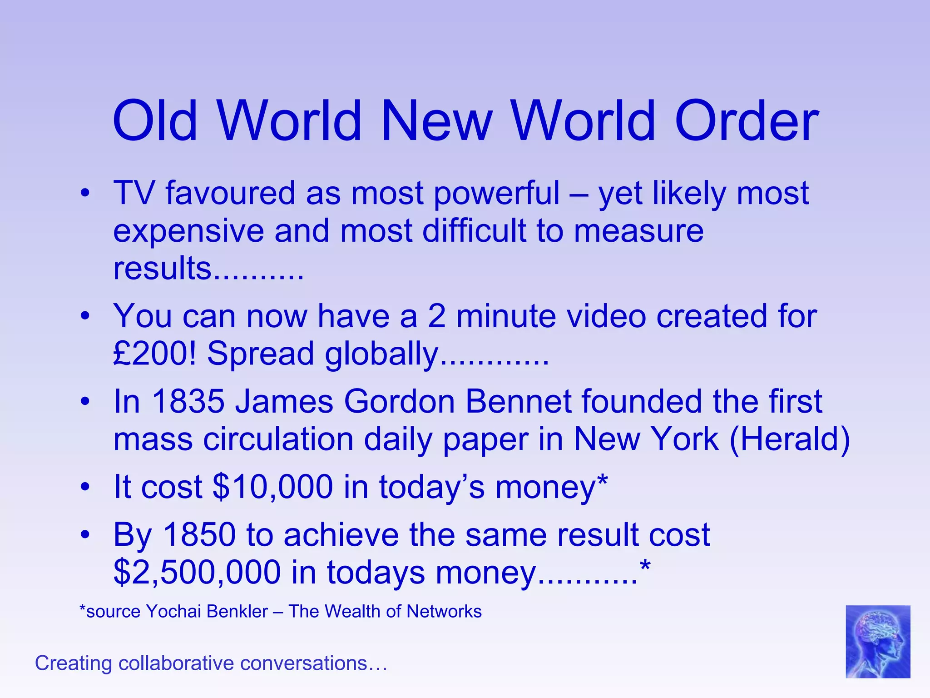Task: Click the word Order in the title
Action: coord(747,121)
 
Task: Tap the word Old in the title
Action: coord(155,121)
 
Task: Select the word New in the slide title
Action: coord(436,121)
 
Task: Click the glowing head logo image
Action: coord(877,641)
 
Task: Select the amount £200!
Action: coord(155,354)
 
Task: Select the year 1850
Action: coord(199,534)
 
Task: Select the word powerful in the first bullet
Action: coord(497,194)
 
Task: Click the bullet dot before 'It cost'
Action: coord(85,488)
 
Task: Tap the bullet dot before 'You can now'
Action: coord(85,316)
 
